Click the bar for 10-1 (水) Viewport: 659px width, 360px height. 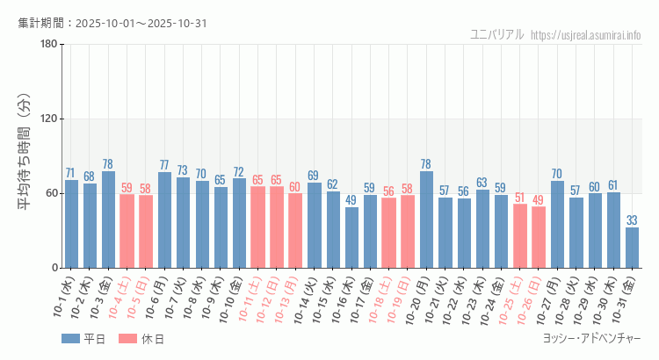tap(71, 224)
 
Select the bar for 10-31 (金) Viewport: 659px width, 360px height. tap(632, 248)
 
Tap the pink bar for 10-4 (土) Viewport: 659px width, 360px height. tap(127, 231)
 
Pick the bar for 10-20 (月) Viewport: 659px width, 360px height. tap(426, 220)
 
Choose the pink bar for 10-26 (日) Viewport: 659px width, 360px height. tap(539, 237)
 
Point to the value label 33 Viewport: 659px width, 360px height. tap(632, 220)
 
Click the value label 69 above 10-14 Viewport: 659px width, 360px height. tap(314, 176)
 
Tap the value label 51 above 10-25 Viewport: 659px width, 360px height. tap(520, 198)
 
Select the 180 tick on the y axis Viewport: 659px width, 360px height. tap(48, 45)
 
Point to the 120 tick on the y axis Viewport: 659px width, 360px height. tap(48, 119)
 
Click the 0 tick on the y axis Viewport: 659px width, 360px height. tap(54, 268)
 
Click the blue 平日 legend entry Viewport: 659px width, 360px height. tap(83, 339)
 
